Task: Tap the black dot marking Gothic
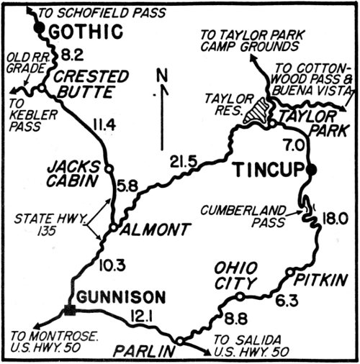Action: point(41,30)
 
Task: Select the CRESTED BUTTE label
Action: point(92,84)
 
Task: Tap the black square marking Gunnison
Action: point(70,310)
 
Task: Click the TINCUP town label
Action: point(270,170)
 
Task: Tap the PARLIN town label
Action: point(150,351)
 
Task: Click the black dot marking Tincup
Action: point(310,169)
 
